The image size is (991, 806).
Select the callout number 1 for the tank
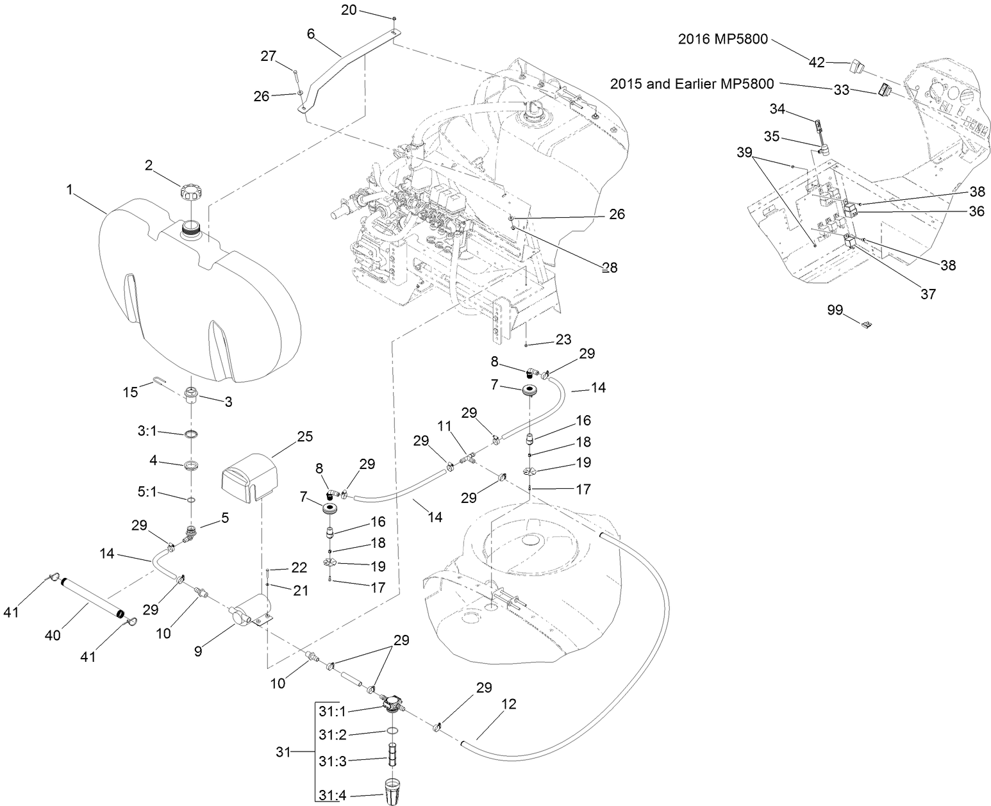69,190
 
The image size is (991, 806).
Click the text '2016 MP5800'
722,38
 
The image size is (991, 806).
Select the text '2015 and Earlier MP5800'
692,84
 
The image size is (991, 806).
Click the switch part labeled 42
858,67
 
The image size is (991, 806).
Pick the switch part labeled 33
885,91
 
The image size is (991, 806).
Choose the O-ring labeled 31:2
392,732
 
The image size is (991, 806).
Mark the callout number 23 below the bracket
563,340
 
